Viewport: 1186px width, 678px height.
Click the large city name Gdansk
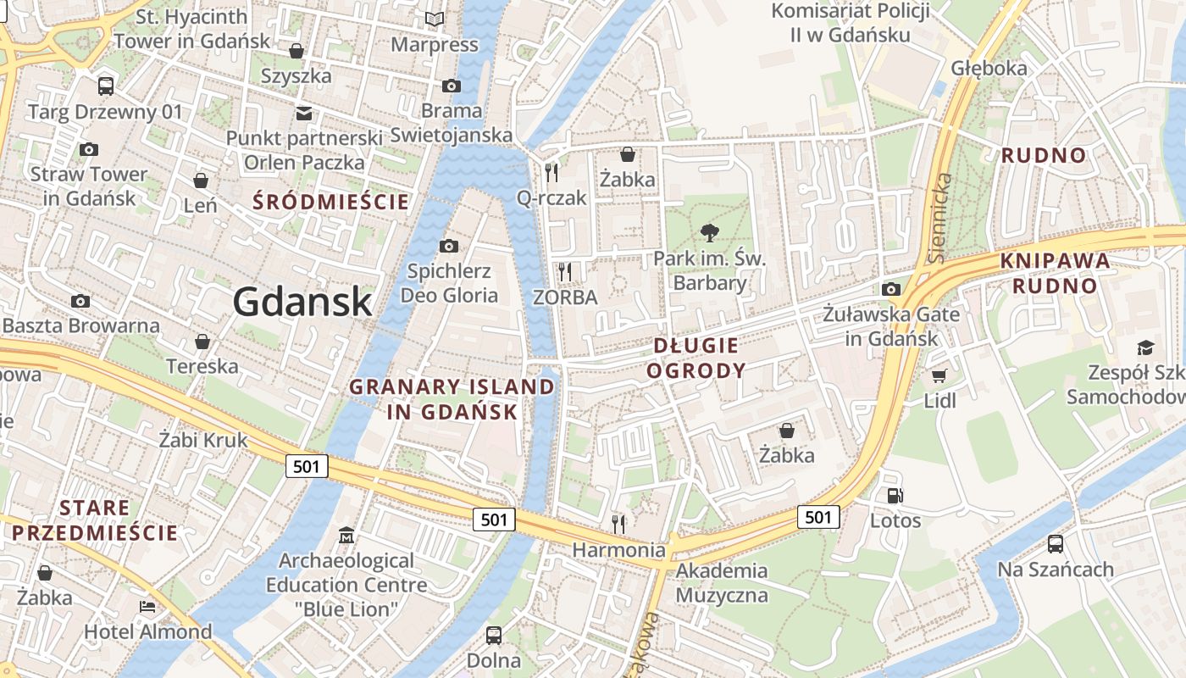[302, 302]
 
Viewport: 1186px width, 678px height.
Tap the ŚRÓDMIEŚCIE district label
[332, 202]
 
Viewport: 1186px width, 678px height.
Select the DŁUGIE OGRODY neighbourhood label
[699, 358]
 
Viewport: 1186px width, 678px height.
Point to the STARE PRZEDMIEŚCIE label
[95, 520]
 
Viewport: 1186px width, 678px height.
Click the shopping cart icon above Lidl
[939, 375]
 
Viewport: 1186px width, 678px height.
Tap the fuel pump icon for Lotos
[895, 496]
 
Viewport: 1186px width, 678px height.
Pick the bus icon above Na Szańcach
[1055, 544]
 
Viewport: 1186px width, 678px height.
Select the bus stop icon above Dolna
[493, 635]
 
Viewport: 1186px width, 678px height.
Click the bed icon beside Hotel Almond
[147, 607]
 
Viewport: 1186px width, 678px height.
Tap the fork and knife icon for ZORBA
[565, 272]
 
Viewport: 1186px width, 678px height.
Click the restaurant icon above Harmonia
[618, 524]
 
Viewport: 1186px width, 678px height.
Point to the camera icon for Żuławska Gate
[890, 290]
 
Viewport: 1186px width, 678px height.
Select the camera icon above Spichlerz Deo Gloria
[449, 247]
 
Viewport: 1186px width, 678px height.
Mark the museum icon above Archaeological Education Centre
[346, 536]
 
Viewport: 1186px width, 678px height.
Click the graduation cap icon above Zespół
[1145, 347]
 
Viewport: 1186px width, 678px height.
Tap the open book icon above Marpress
[435, 19]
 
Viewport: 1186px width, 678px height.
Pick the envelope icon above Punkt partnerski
[303, 114]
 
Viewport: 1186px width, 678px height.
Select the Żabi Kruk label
[203, 440]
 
